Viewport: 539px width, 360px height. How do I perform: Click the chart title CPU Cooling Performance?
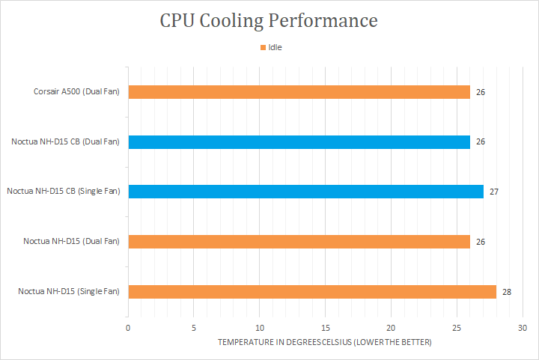tap(269, 20)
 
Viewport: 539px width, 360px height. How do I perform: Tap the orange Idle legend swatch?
tap(263, 47)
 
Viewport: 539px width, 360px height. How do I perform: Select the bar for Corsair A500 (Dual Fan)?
tap(299, 92)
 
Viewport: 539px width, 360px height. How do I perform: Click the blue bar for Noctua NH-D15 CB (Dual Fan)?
tap(299, 141)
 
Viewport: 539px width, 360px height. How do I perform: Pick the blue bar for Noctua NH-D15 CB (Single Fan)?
tap(305, 192)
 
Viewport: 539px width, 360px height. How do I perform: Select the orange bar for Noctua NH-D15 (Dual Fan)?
tap(299, 241)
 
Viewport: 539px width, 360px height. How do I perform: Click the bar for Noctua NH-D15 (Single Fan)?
tap(312, 291)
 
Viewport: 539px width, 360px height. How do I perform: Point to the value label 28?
tap(507, 291)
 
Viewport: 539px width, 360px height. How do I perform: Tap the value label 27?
tap(494, 192)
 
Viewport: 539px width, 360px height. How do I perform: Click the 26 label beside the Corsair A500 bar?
tap(481, 92)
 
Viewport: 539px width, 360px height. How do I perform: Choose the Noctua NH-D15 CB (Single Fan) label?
tap(64, 192)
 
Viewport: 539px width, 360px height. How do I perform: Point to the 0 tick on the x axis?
tap(128, 328)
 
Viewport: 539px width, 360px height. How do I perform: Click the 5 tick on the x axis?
tap(194, 328)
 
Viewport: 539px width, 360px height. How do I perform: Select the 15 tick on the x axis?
tap(326, 328)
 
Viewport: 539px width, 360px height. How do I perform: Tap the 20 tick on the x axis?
tap(391, 328)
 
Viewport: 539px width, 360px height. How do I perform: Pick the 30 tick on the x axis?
tap(523, 328)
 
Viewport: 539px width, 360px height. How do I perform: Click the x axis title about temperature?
tap(325, 342)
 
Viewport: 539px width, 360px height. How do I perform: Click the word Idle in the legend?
tap(275, 47)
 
